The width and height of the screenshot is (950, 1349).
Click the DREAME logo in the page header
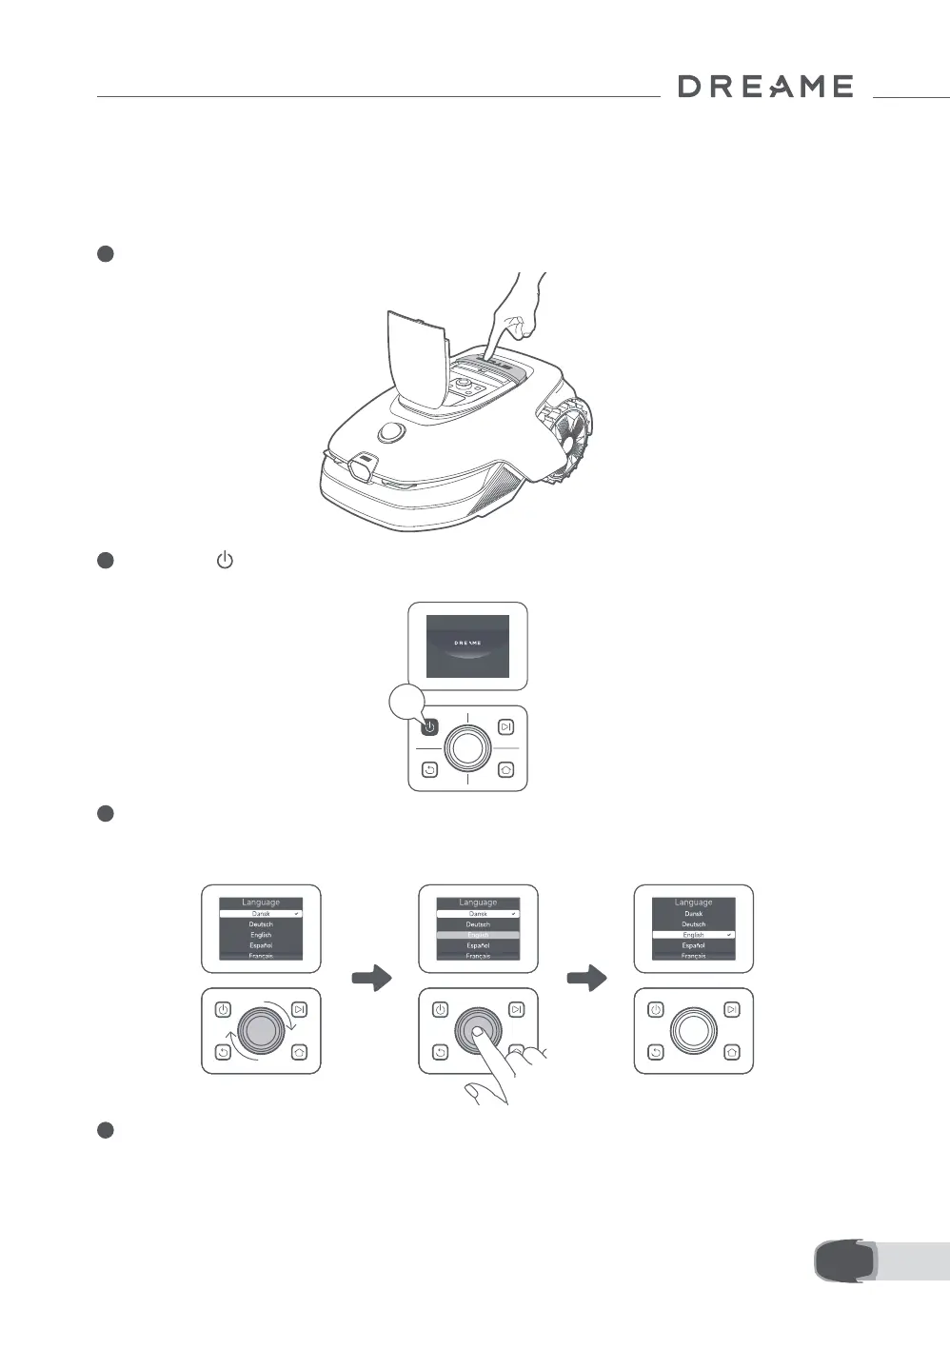(765, 87)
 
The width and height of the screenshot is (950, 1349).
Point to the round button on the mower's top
(389, 432)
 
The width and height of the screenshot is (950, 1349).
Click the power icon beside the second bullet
(225, 560)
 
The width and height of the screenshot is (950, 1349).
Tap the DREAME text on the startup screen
(467, 643)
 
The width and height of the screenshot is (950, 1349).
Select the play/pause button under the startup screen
(505, 727)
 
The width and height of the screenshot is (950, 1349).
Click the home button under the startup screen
(505, 769)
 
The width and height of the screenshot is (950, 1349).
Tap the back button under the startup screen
(429, 769)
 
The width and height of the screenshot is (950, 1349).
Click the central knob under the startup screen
(467, 748)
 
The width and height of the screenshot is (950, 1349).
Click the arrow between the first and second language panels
(371, 979)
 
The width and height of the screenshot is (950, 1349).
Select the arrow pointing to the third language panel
(586, 979)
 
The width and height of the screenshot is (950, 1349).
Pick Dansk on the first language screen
(261, 913)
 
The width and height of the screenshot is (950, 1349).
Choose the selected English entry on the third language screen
(693, 935)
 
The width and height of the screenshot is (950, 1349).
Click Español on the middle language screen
(478, 945)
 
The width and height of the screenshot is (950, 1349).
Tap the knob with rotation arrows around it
(261, 1031)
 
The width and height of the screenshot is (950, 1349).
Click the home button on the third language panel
(731, 1052)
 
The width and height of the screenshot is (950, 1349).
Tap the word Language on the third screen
(693, 902)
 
